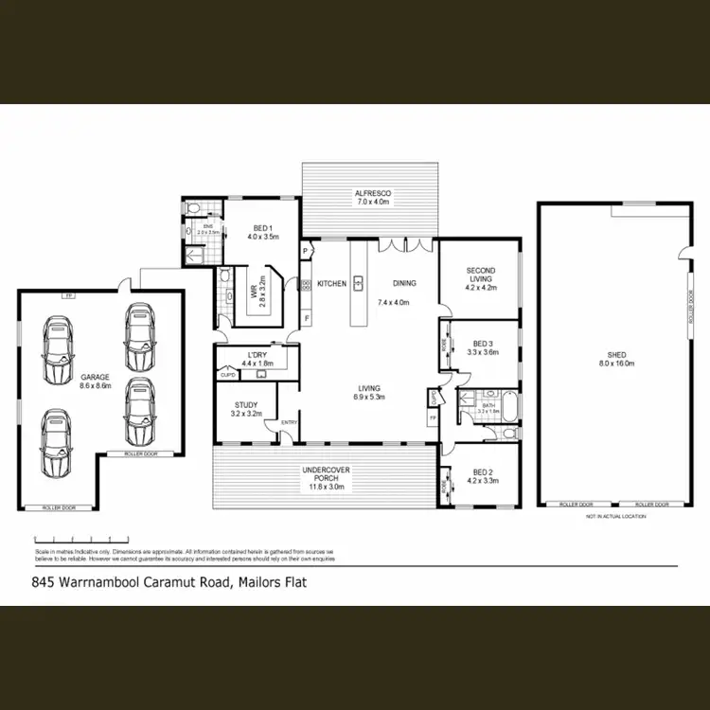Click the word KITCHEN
pos(331,283)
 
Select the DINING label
pos(402,283)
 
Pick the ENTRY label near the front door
pos(289,423)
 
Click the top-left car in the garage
pos(59,342)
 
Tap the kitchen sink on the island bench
pos(360,282)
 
